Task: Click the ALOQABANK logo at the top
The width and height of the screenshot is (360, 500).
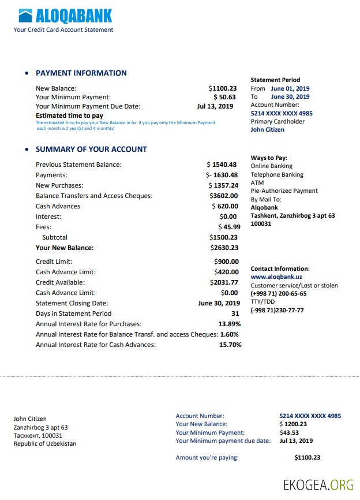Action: tap(65, 16)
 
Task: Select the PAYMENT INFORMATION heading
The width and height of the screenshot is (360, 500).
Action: tap(81, 73)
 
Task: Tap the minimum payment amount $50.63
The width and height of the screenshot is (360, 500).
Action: tap(224, 97)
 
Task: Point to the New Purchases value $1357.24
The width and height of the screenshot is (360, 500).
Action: tap(223, 185)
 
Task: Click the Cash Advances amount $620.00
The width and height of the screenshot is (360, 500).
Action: tap(225, 206)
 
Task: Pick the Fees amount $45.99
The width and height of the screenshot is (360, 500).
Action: tap(229, 227)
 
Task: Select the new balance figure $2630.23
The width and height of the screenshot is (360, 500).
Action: tap(224, 248)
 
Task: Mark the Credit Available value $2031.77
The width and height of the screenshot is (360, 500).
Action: tap(224, 282)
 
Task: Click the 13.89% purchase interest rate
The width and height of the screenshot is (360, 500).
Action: tap(230, 324)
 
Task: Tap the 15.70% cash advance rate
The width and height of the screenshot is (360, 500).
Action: tap(230, 345)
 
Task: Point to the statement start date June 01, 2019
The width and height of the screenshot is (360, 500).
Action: tap(290, 88)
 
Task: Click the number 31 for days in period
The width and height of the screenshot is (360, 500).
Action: tap(235, 314)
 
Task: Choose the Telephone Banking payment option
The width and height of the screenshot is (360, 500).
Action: tap(276, 174)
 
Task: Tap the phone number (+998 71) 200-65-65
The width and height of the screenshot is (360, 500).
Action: tap(278, 293)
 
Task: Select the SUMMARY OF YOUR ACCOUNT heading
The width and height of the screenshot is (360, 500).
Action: tap(91, 149)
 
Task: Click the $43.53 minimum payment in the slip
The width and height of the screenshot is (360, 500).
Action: tap(289, 432)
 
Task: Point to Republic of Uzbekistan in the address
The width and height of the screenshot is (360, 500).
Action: tap(45, 443)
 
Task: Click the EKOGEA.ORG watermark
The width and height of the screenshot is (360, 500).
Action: tap(318, 484)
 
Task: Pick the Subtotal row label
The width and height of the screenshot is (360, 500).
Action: tap(55, 237)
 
